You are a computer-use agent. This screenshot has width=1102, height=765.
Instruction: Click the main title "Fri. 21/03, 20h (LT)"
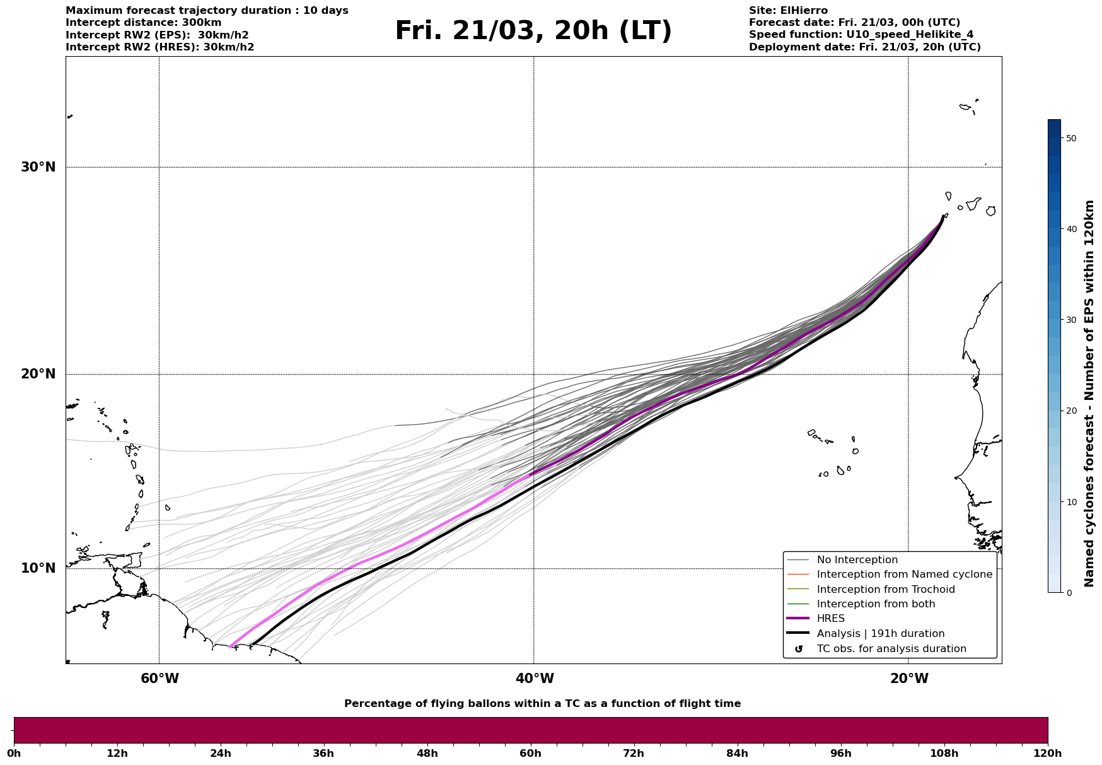point(533,31)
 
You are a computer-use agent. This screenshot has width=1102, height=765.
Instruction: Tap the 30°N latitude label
point(38,167)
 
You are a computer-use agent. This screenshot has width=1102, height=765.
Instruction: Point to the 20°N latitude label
point(38,374)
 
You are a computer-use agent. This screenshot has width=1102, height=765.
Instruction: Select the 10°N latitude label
point(38,568)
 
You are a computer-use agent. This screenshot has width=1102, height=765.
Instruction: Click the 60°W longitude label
point(159,679)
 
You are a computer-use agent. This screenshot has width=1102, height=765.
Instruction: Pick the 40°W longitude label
point(535,679)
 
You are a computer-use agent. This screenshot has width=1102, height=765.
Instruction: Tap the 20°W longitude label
point(909,679)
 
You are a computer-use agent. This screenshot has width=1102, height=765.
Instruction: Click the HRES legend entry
point(830,619)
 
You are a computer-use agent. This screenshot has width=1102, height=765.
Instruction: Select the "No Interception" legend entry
point(857,560)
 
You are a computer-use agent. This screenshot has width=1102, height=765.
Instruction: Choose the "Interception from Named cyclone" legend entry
point(904,575)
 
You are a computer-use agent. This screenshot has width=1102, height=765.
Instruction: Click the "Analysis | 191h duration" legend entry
point(880,634)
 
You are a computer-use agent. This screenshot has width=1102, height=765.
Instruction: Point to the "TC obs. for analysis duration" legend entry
point(891,649)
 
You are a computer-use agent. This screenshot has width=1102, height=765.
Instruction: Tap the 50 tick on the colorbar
point(1071,138)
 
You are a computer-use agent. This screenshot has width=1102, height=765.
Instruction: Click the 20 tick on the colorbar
point(1071,411)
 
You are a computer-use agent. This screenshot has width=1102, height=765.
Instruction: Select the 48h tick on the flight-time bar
point(427,754)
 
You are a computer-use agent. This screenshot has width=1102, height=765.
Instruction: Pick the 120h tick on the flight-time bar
point(1048,754)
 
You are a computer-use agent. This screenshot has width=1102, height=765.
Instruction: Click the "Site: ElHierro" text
point(788,11)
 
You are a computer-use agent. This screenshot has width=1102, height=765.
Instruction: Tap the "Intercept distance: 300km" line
point(144,23)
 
